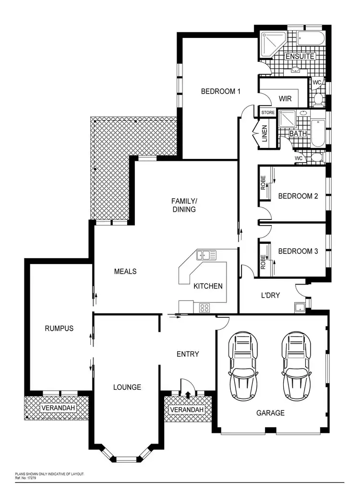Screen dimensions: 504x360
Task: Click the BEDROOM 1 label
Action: click(x=220, y=91)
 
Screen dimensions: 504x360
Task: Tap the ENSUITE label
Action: click(x=300, y=57)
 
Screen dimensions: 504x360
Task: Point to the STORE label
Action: click(x=268, y=113)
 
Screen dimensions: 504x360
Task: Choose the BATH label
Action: click(x=298, y=133)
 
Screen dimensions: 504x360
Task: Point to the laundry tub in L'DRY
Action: click(x=300, y=307)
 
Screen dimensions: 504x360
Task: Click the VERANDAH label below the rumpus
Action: click(x=58, y=408)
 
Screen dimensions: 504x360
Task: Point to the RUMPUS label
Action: click(x=59, y=328)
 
